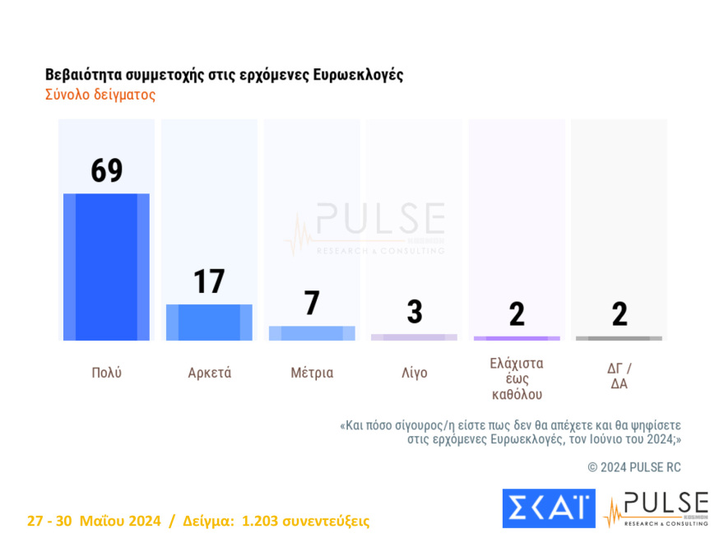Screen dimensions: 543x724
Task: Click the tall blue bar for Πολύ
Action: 106,267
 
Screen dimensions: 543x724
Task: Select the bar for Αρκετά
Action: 209,322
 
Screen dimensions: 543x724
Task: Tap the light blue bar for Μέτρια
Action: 312,333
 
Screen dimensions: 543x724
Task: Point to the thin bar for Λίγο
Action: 414,337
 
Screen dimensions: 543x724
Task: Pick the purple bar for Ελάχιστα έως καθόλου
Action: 517,338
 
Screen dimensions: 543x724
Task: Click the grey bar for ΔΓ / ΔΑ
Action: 619,338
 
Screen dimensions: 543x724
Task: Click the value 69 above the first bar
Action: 106,170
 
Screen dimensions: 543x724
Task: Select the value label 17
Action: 209,281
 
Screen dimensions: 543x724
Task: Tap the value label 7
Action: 312,304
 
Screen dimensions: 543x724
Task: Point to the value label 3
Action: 414,313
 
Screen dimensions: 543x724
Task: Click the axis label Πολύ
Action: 106,373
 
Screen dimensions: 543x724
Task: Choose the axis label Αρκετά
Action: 209,373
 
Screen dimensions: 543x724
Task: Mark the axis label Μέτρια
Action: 312,373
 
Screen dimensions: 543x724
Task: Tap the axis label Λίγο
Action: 414,373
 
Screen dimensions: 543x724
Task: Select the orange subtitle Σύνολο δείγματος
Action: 100,95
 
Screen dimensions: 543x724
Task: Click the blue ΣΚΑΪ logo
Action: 548,508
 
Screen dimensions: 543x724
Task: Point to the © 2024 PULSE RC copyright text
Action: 634,467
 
